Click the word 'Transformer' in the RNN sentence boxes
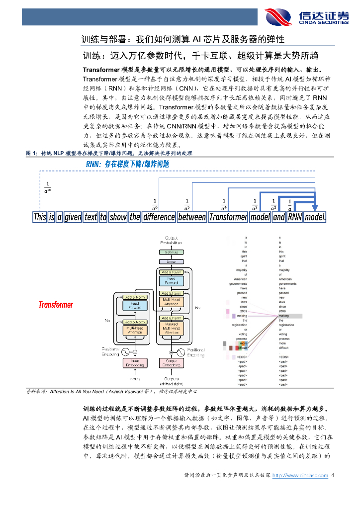pos(228,217)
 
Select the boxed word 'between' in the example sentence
pos(191,217)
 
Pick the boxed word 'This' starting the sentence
pos(40,217)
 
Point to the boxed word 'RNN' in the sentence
pos(295,217)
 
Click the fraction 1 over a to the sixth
pos(155,204)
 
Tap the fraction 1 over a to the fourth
pos(224,204)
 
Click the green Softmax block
pos(171,253)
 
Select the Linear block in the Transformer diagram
pos(171,261)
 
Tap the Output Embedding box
pos(171,363)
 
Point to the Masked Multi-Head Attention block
pos(171,328)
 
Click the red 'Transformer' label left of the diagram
pos(56,305)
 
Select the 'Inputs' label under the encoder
pos(135,379)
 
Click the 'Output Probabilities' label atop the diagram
pos(171,240)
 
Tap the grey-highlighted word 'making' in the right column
pos(283,316)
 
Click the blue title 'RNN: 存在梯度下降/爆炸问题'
pos(127,164)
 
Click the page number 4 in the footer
pos(333,476)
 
